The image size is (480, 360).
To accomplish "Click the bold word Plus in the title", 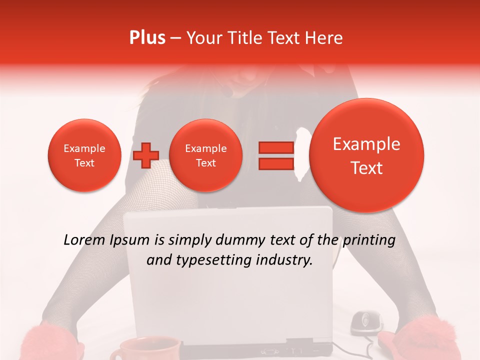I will [x=147, y=38].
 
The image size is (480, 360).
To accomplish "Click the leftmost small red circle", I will [x=84, y=155].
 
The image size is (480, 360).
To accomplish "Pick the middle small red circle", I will [x=205, y=155].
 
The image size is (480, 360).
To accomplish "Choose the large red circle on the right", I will [x=366, y=155].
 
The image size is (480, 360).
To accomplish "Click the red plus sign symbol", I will [x=145, y=155].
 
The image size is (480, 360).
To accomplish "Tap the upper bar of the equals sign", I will [x=276, y=147].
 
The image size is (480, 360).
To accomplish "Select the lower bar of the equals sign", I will [x=276, y=164].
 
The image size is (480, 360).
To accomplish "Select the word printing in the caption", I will [x=368, y=240].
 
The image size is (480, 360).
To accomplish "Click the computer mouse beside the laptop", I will [x=366, y=322].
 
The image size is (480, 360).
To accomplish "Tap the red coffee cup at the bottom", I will [x=144, y=349].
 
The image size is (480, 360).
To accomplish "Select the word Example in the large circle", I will [x=366, y=144].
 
